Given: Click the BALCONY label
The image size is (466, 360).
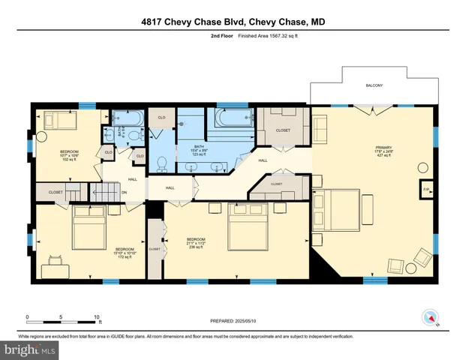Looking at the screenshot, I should click(374, 85).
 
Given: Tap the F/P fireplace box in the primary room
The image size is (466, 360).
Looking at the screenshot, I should click(426, 190).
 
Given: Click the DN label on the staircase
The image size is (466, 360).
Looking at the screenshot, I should click(125, 192).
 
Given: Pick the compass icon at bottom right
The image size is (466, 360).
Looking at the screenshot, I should click(430, 316).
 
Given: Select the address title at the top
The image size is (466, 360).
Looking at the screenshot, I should click(232, 21).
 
